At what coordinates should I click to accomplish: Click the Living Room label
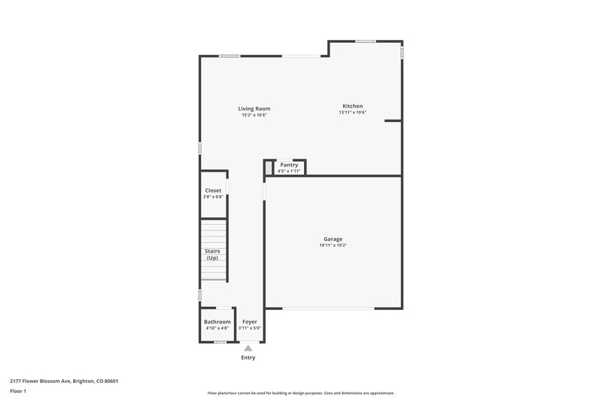(254, 109)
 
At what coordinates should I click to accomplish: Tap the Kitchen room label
(353, 106)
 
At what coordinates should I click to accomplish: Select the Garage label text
(333, 239)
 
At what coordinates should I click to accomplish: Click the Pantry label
(289, 165)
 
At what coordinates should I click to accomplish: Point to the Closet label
(213, 191)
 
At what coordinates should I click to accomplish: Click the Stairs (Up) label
(213, 254)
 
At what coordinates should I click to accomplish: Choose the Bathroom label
(217, 322)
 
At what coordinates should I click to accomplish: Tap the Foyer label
(250, 322)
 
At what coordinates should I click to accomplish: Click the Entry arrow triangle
(248, 348)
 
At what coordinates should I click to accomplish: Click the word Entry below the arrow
(248, 357)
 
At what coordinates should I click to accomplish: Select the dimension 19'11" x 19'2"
(333, 245)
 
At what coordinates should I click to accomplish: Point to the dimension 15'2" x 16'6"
(254, 115)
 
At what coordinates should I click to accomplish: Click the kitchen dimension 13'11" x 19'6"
(353, 113)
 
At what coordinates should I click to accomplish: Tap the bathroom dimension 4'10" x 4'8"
(217, 328)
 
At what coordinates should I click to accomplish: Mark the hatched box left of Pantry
(269, 167)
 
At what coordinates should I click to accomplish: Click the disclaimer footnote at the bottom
(301, 393)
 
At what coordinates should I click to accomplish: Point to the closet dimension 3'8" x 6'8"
(213, 197)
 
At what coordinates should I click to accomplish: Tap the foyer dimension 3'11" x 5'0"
(250, 328)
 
